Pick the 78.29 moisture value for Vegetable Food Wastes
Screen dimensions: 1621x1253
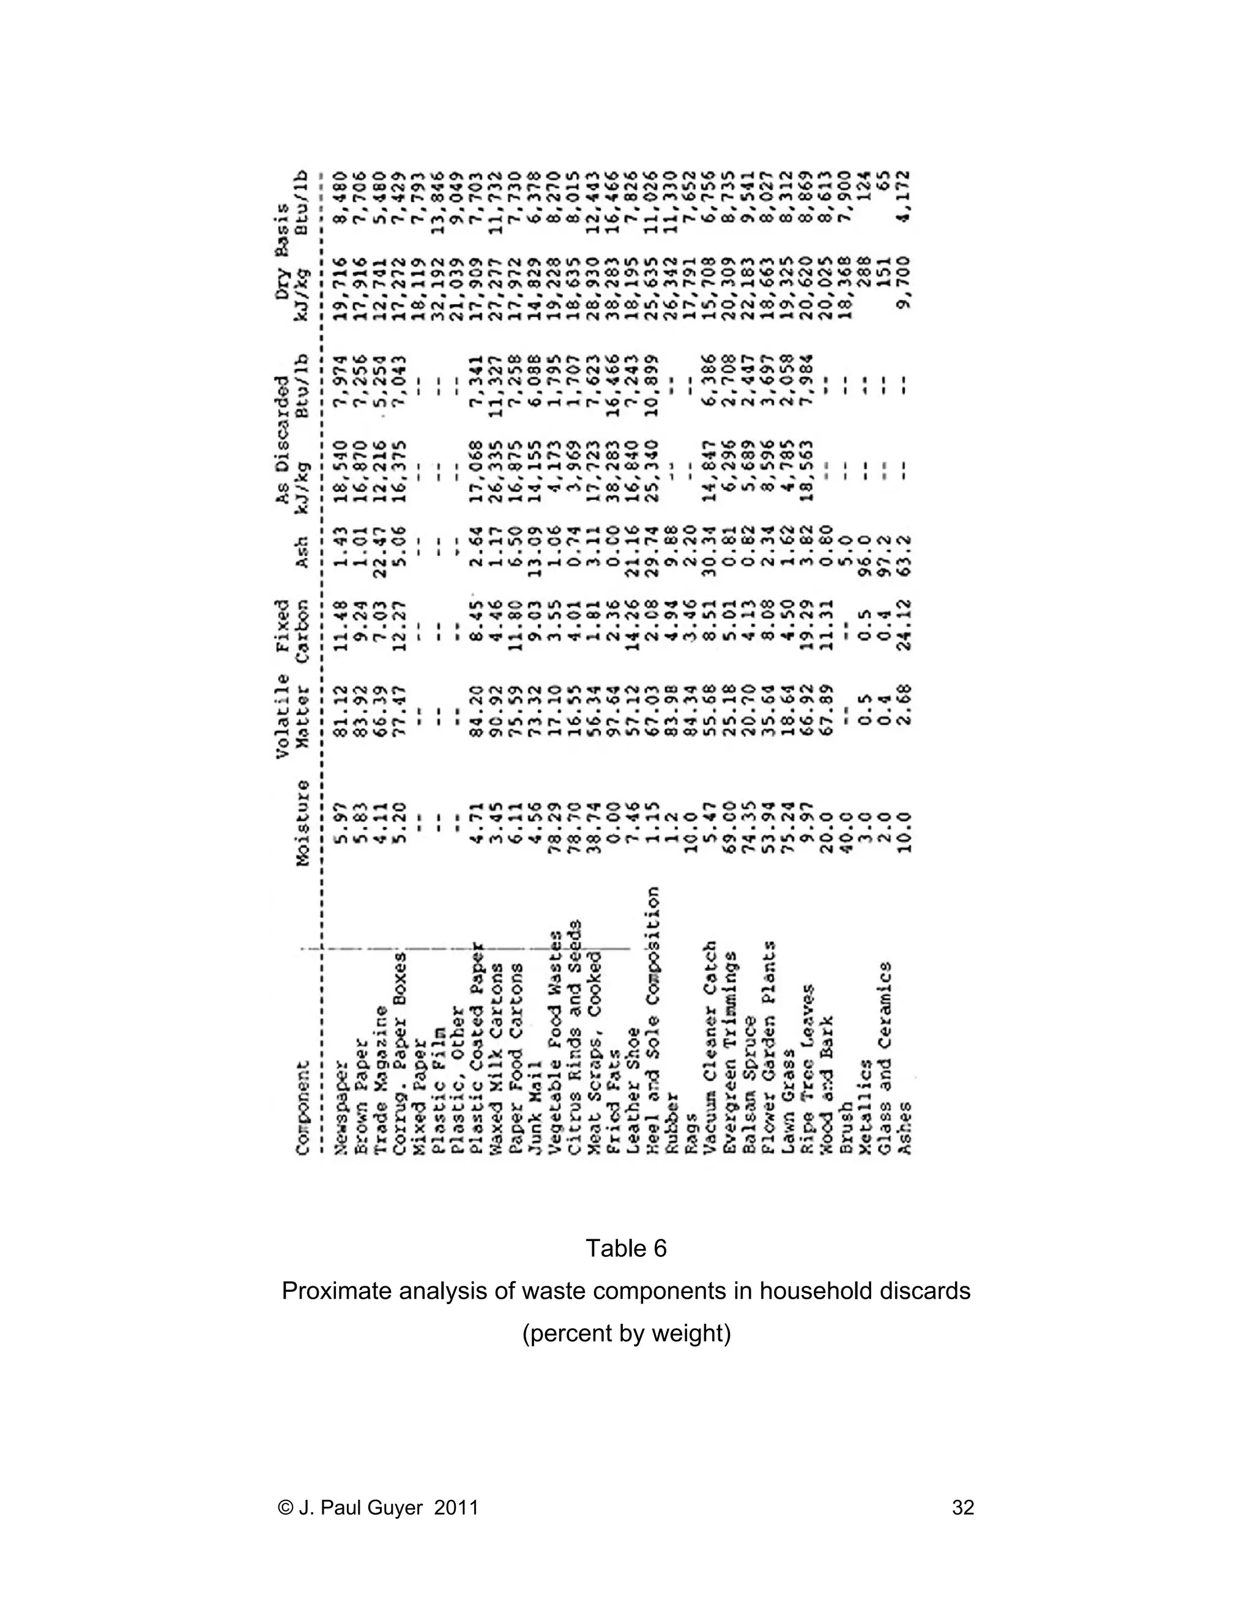coord(556,832)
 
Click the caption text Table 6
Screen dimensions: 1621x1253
coord(626,1248)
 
